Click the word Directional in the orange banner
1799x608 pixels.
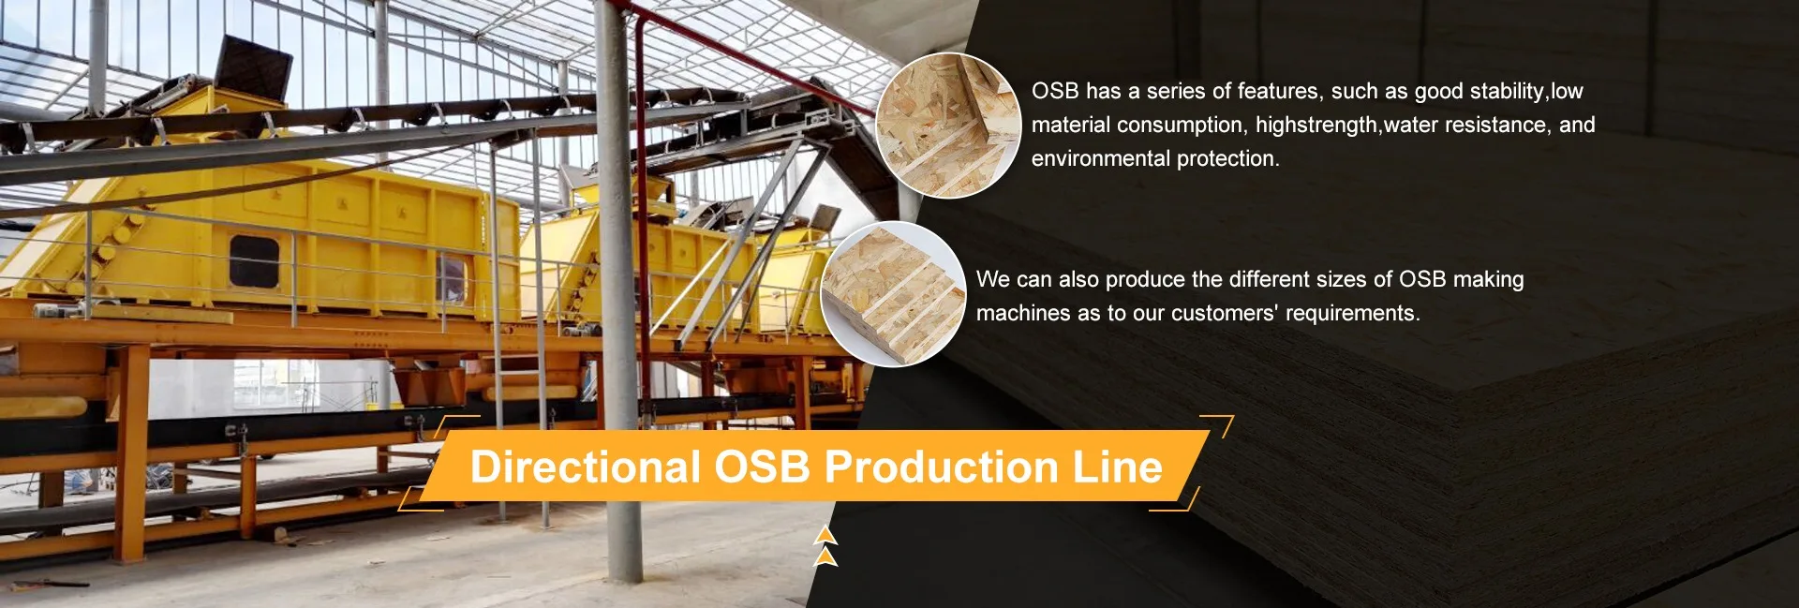click(585, 467)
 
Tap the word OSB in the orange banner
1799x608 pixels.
click(762, 467)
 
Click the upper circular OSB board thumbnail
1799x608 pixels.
click(948, 126)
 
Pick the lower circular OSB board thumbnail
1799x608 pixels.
click(893, 293)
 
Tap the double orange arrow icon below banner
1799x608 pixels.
click(825, 547)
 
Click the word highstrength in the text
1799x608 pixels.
click(1317, 125)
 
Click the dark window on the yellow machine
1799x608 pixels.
click(254, 261)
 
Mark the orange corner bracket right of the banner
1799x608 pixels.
click(1217, 426)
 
